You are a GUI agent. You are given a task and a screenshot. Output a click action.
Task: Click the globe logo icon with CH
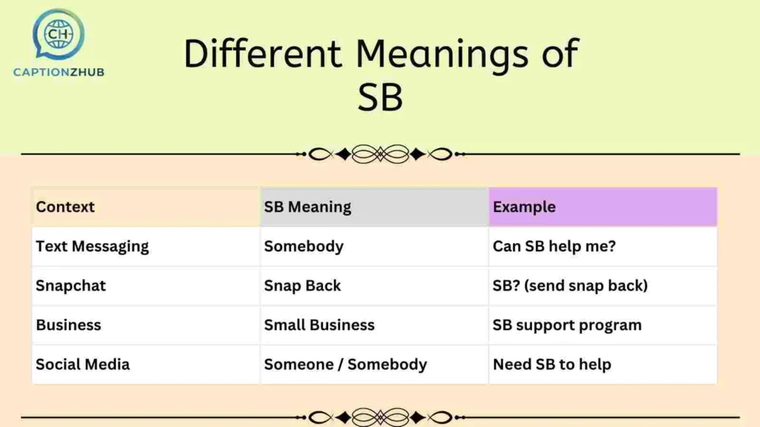click(57, 33)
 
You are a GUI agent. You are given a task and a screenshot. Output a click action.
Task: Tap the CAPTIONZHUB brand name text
click(59, 72)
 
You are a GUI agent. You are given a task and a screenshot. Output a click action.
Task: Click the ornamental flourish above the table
click(380, 154)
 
